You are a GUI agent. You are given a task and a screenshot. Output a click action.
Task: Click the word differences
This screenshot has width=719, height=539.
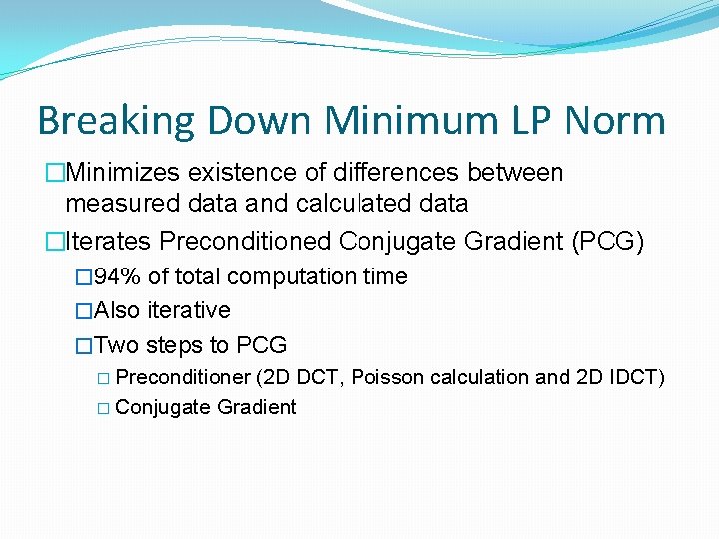click(x=408, y=173)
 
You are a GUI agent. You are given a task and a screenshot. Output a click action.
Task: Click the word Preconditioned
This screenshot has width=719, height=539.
click(x=246, y=241)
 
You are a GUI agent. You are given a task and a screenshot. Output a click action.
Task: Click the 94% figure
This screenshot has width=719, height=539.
click(x=115, y=276)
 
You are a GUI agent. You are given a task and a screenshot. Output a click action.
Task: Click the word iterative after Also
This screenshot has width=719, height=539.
click(x=189, y=310)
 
